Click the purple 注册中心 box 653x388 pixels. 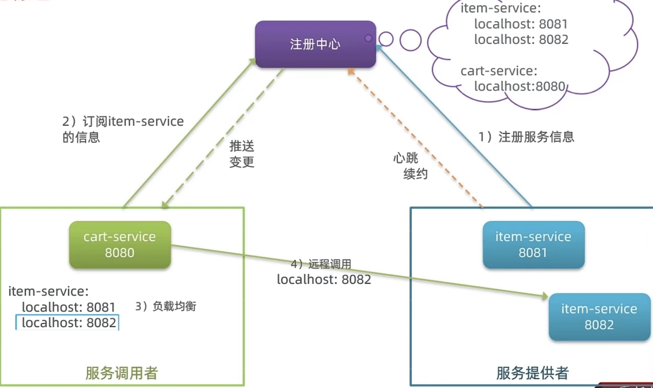pyautogui.click(x=315, y=44)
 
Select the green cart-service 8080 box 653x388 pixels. pyautogui.click(x=120, y=244)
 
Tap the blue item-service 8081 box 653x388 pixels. pyautogui.click(x=533, y=244)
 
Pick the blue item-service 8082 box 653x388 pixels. pyautogui.click(x=599, y=317)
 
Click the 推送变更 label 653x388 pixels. pyautogui.click(x=242, y=154)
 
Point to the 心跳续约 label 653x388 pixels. pyautogui.click(x=410, y=166)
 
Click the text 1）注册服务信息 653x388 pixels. pyautogui.click(x=526, y=137)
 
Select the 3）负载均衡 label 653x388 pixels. pyautogui.click(x=166, y=306)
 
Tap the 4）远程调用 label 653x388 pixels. pyautogui.click(x=321, y=264)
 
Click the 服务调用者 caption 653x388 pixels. pyautogui.click(x=122, y=373)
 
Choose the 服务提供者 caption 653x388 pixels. pyautogui.click(x=532, y=373)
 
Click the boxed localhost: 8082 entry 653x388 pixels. pyautogui.click(x=68, y=323)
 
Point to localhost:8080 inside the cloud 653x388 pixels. pyautogui.click(x=519, y=86)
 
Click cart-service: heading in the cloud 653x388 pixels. pyautogui.click(x=499, y=71)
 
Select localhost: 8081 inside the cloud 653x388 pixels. pyautogui.click(x=521, y=24)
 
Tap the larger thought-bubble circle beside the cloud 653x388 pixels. pyautogui.click(x=410, y=40)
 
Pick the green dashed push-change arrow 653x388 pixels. pyautogui.click(x=223, y=137)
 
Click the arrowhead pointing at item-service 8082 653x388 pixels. pyautogui.click(x=545, y=296)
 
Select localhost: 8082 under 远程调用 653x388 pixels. pyautogui.click(x=324, y=279)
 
